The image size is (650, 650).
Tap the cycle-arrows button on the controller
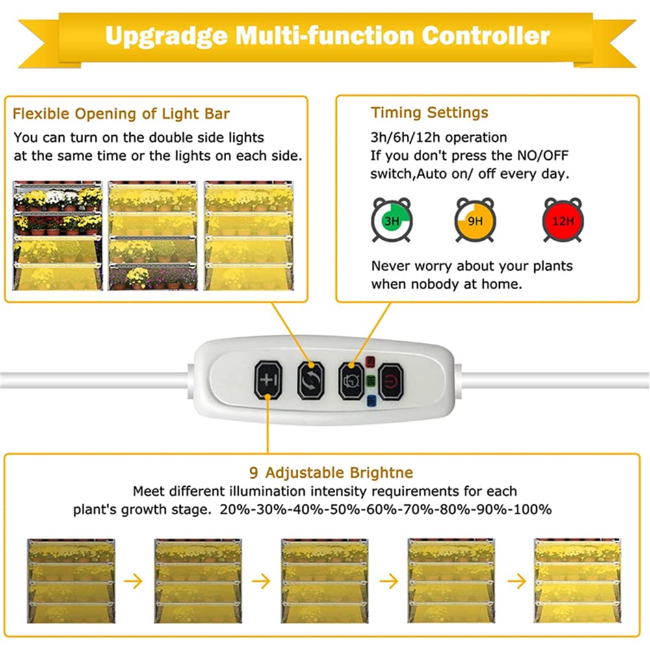309,380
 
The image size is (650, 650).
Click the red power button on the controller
391,380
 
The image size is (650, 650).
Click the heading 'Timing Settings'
429,112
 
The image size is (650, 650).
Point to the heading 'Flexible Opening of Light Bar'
121,114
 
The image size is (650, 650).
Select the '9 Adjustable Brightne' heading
331,473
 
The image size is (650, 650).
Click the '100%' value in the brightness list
532,510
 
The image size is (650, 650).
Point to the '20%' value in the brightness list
234,510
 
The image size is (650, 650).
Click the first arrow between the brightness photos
133,580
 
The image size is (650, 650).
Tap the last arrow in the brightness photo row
517,580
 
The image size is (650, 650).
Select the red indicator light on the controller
371,361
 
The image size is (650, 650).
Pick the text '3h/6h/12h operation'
439,138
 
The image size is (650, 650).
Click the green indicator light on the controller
371,382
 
